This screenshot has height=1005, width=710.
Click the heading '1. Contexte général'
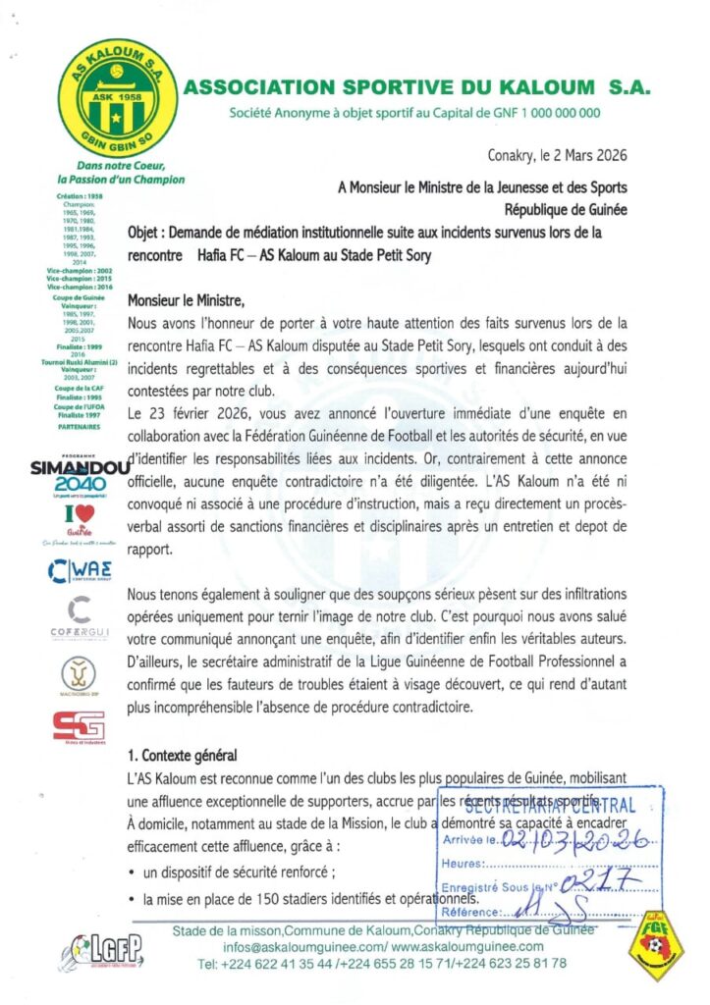coord(190,757)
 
